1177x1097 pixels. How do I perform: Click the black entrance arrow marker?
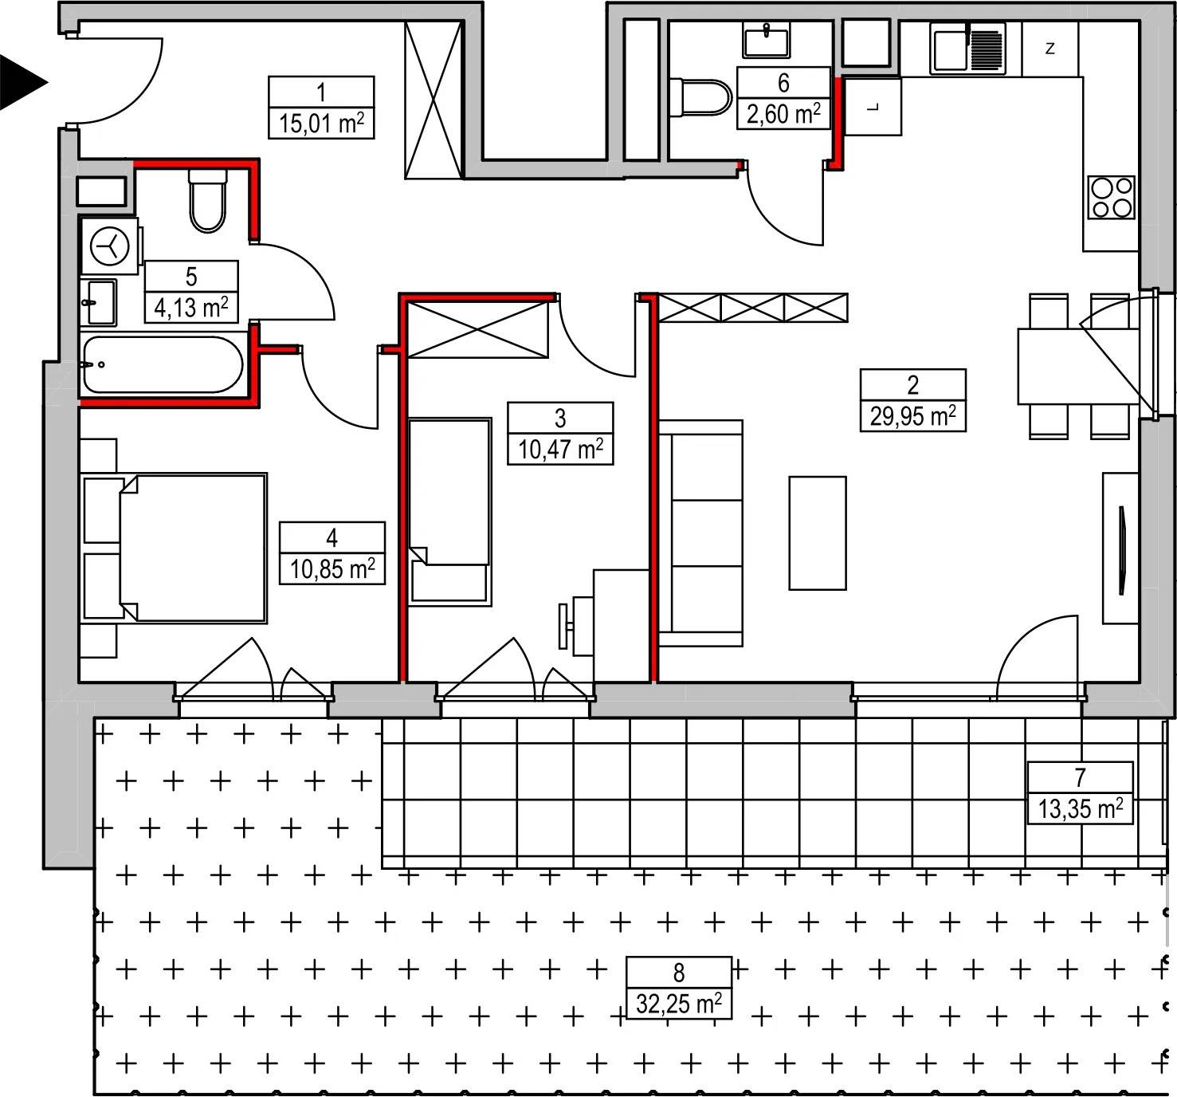click(21, 82)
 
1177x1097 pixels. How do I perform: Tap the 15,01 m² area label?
click(321, 124)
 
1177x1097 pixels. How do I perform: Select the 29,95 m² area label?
click(912, 415)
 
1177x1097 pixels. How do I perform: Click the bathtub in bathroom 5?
click(163, 364)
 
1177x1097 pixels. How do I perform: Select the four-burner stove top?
click(1112, 198)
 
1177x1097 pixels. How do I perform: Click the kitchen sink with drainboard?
click(967, 49)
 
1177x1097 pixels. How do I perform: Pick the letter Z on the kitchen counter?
click(1049, 48)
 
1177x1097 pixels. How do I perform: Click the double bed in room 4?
click(175, 548)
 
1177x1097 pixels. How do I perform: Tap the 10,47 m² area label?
click(560, 450)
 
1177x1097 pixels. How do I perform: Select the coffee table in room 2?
click(818, 533)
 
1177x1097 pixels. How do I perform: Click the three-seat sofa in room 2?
click(701, 533)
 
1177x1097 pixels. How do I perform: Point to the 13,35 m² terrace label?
click(1080, 809)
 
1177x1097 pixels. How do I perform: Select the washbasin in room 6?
click(767, 41)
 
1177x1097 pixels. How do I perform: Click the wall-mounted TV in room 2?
click(1122, 549)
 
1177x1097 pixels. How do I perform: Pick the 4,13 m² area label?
click(190, 308)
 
